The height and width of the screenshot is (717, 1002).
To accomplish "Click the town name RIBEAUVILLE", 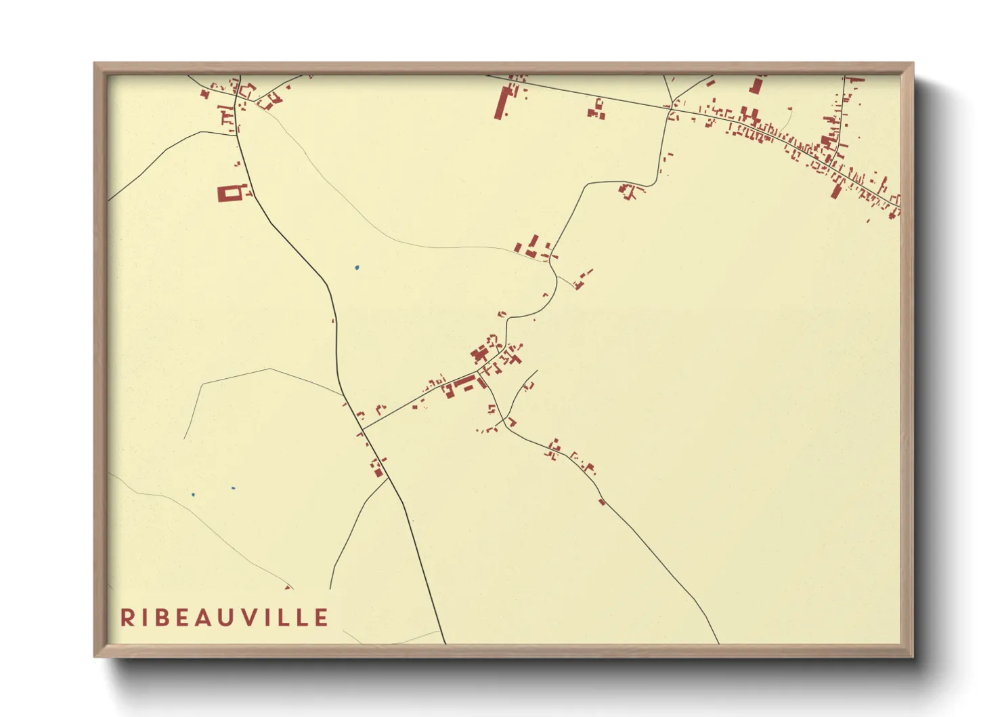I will click(x=224, y=617).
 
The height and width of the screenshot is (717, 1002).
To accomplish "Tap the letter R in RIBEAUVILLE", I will click(x=127, y=617).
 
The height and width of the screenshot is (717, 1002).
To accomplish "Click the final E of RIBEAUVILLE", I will click(x=322, y=617).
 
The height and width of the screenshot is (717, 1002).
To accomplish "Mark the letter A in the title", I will click(x=209, y=617).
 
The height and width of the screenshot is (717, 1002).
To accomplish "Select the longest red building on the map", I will click(x=502, y=102).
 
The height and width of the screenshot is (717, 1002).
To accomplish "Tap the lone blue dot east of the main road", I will click(x=357, y=268).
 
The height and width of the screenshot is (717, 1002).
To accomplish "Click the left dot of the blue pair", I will click(x=193, y=495).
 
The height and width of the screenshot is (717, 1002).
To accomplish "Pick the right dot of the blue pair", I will click(x=233, y=488).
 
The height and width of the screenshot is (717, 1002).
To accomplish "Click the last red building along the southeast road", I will click(x=602, y=502).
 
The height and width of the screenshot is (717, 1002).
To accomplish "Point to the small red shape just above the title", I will click(x=288, y=588).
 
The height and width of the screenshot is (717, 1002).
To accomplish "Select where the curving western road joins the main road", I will click(x=237, y=134).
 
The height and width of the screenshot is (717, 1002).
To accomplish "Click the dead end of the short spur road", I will click(x=537, y=371).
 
